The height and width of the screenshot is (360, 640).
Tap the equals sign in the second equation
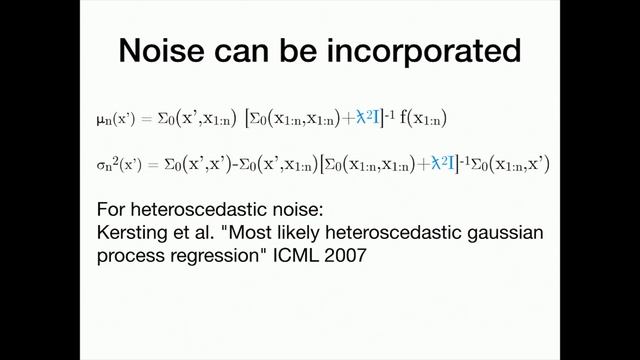pyautogui.click(x=148, y=162)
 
